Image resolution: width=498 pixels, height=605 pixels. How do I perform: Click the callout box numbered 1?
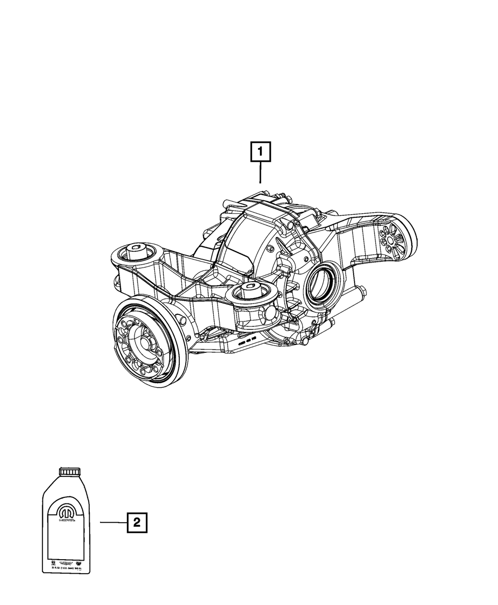tap(261, 152)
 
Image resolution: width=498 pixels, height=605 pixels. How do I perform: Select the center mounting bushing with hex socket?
tap(249, 291)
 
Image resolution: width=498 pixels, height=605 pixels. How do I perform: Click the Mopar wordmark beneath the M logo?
tap(67, 520)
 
